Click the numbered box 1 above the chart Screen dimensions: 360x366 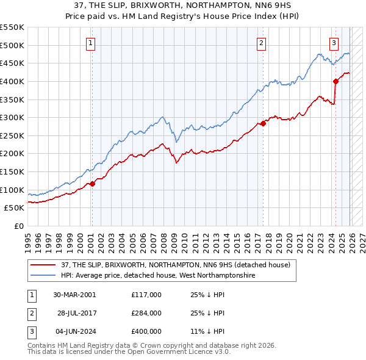90,43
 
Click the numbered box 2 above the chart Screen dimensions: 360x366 261,43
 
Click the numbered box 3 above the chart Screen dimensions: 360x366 334,43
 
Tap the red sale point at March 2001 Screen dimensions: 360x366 92,184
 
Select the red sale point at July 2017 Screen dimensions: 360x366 263,123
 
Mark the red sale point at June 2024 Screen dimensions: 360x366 335,81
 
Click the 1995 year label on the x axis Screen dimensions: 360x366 27,237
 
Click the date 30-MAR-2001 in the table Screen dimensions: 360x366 74,295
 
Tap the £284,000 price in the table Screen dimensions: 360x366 146,313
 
